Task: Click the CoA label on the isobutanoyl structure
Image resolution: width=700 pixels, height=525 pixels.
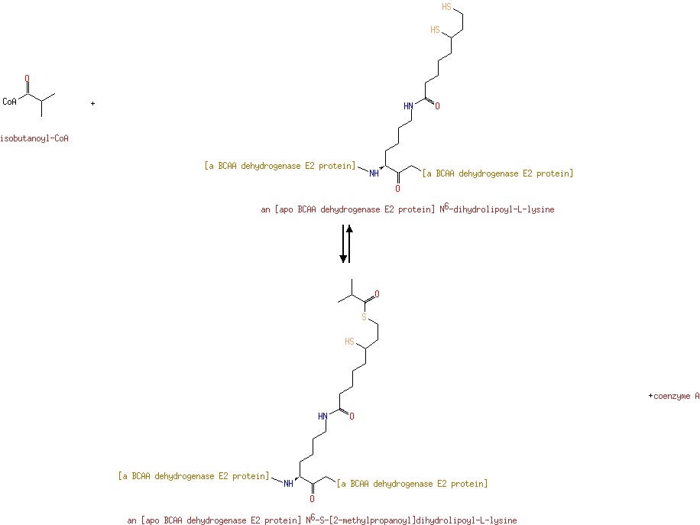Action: [9, 102]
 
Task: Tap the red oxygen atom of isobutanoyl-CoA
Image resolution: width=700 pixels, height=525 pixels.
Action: [28, 79]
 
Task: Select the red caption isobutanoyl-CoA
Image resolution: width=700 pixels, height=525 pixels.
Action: [34, 138]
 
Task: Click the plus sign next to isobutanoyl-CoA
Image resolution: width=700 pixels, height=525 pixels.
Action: [93, 104]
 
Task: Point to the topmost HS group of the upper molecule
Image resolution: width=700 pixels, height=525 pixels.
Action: [447, 7]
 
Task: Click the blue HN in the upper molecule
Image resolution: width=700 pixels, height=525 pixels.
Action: [409, 105]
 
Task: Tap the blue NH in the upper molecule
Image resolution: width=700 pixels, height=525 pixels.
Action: [374, 173]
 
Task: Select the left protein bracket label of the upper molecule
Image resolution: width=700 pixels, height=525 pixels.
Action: [280, 166]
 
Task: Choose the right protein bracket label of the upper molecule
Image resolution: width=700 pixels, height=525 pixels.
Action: [497, 173]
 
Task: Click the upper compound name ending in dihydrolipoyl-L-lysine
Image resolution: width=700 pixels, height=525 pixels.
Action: [407, 209]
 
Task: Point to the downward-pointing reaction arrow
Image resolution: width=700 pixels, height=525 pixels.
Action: [343, 244]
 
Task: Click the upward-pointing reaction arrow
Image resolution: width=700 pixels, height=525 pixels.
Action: [349, 244]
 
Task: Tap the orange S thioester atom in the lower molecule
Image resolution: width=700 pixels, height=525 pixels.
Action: [365, 317]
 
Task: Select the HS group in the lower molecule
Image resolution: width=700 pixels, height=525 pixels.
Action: [349, 342]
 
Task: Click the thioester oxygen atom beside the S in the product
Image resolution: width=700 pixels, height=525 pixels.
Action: [378, 294]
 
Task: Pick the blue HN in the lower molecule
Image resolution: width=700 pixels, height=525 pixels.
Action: [322, 416]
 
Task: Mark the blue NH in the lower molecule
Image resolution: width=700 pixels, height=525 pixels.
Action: [288, 484]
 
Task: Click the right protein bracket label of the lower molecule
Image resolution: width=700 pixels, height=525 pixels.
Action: [412, 484]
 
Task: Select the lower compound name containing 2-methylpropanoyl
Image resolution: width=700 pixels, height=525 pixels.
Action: [322, 520]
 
